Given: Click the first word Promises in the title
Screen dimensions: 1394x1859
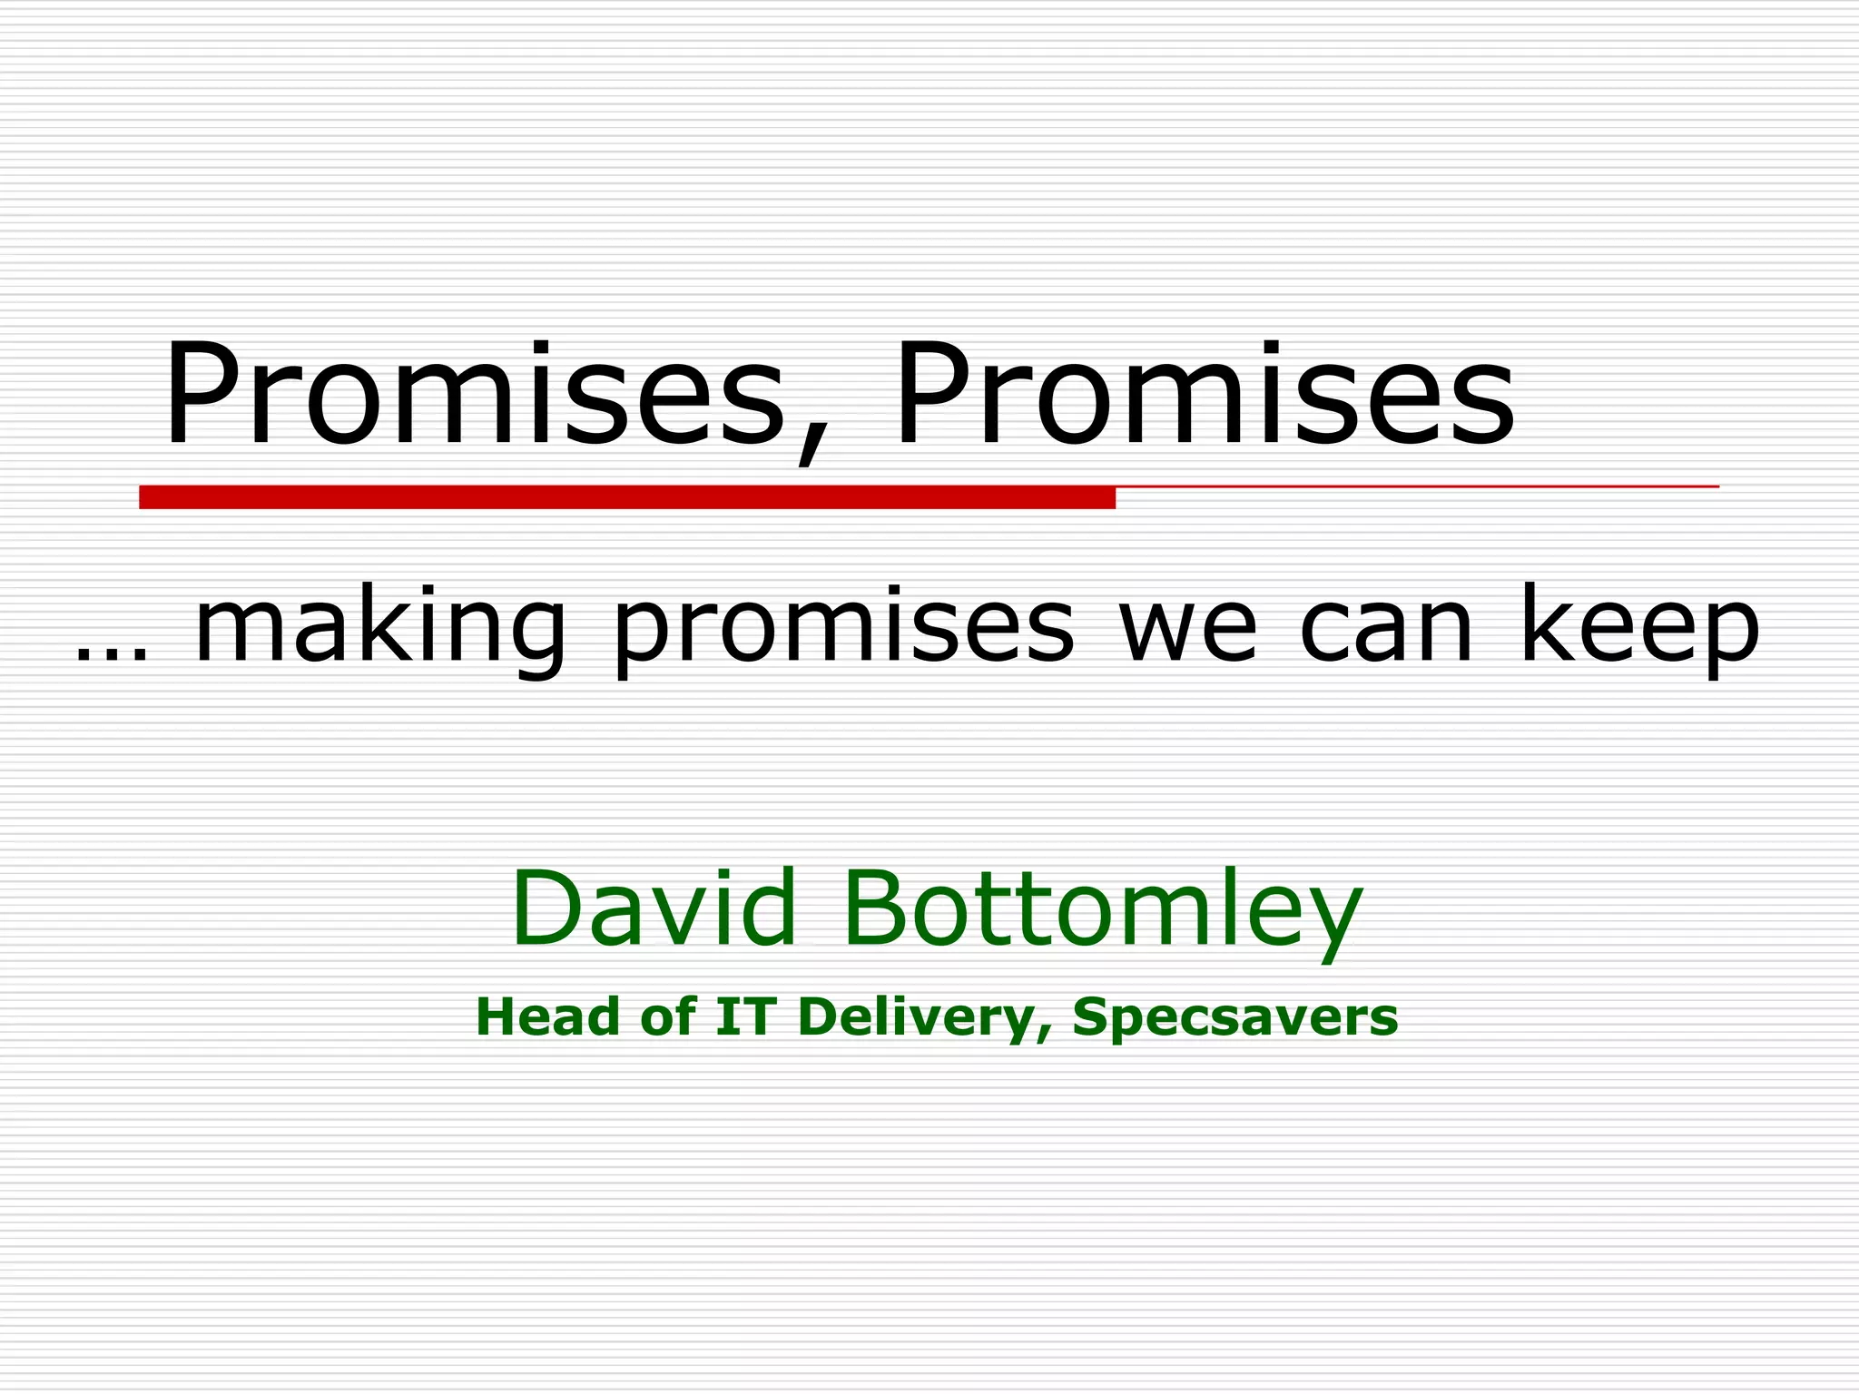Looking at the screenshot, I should tap(472, 394).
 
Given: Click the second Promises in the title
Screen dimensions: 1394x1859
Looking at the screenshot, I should tap(1203, 394).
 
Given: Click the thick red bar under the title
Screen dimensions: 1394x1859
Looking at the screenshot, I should tap(626, 497).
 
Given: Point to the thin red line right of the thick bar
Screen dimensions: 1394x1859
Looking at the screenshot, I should tap(1416, 487).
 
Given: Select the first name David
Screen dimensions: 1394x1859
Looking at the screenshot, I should tap(654, 908).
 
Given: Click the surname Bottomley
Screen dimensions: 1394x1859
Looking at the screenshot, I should tap(1103, 908).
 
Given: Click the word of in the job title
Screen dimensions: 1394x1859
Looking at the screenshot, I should tap(668, 1016).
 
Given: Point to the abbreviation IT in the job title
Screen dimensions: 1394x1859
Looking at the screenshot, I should tap(745, 1016).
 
